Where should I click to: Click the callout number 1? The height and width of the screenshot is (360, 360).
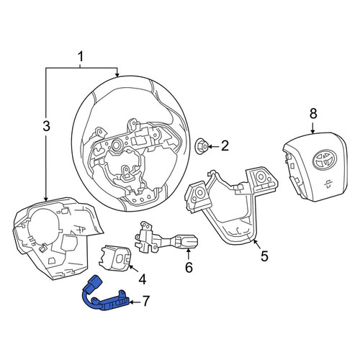(81, 58)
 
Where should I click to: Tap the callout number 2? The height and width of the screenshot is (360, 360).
(225, 145)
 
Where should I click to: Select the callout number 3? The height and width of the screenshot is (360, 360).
(46, 126)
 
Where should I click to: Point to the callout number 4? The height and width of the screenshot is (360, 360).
(143, 279)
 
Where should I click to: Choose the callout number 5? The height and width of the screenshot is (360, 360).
(264, 256)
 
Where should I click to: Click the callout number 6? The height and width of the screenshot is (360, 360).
(189, 267)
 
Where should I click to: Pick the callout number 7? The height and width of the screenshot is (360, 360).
(146, 301)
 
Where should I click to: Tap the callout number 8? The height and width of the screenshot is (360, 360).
(313, 114)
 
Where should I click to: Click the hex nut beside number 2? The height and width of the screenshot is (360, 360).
(201, 146)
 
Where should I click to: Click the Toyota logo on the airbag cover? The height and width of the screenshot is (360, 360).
(325, 159)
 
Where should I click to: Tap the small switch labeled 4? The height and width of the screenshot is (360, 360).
(115, 258)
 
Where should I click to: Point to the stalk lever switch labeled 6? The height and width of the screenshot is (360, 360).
(166, 238)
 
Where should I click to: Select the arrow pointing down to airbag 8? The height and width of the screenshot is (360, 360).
(312, 128)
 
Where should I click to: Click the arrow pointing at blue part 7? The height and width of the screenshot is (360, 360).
(136, 302)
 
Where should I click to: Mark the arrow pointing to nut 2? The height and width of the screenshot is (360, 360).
(214, 146)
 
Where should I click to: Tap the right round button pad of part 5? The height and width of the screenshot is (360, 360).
(261, 177)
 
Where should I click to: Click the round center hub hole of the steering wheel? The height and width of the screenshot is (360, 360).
(117, 145)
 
